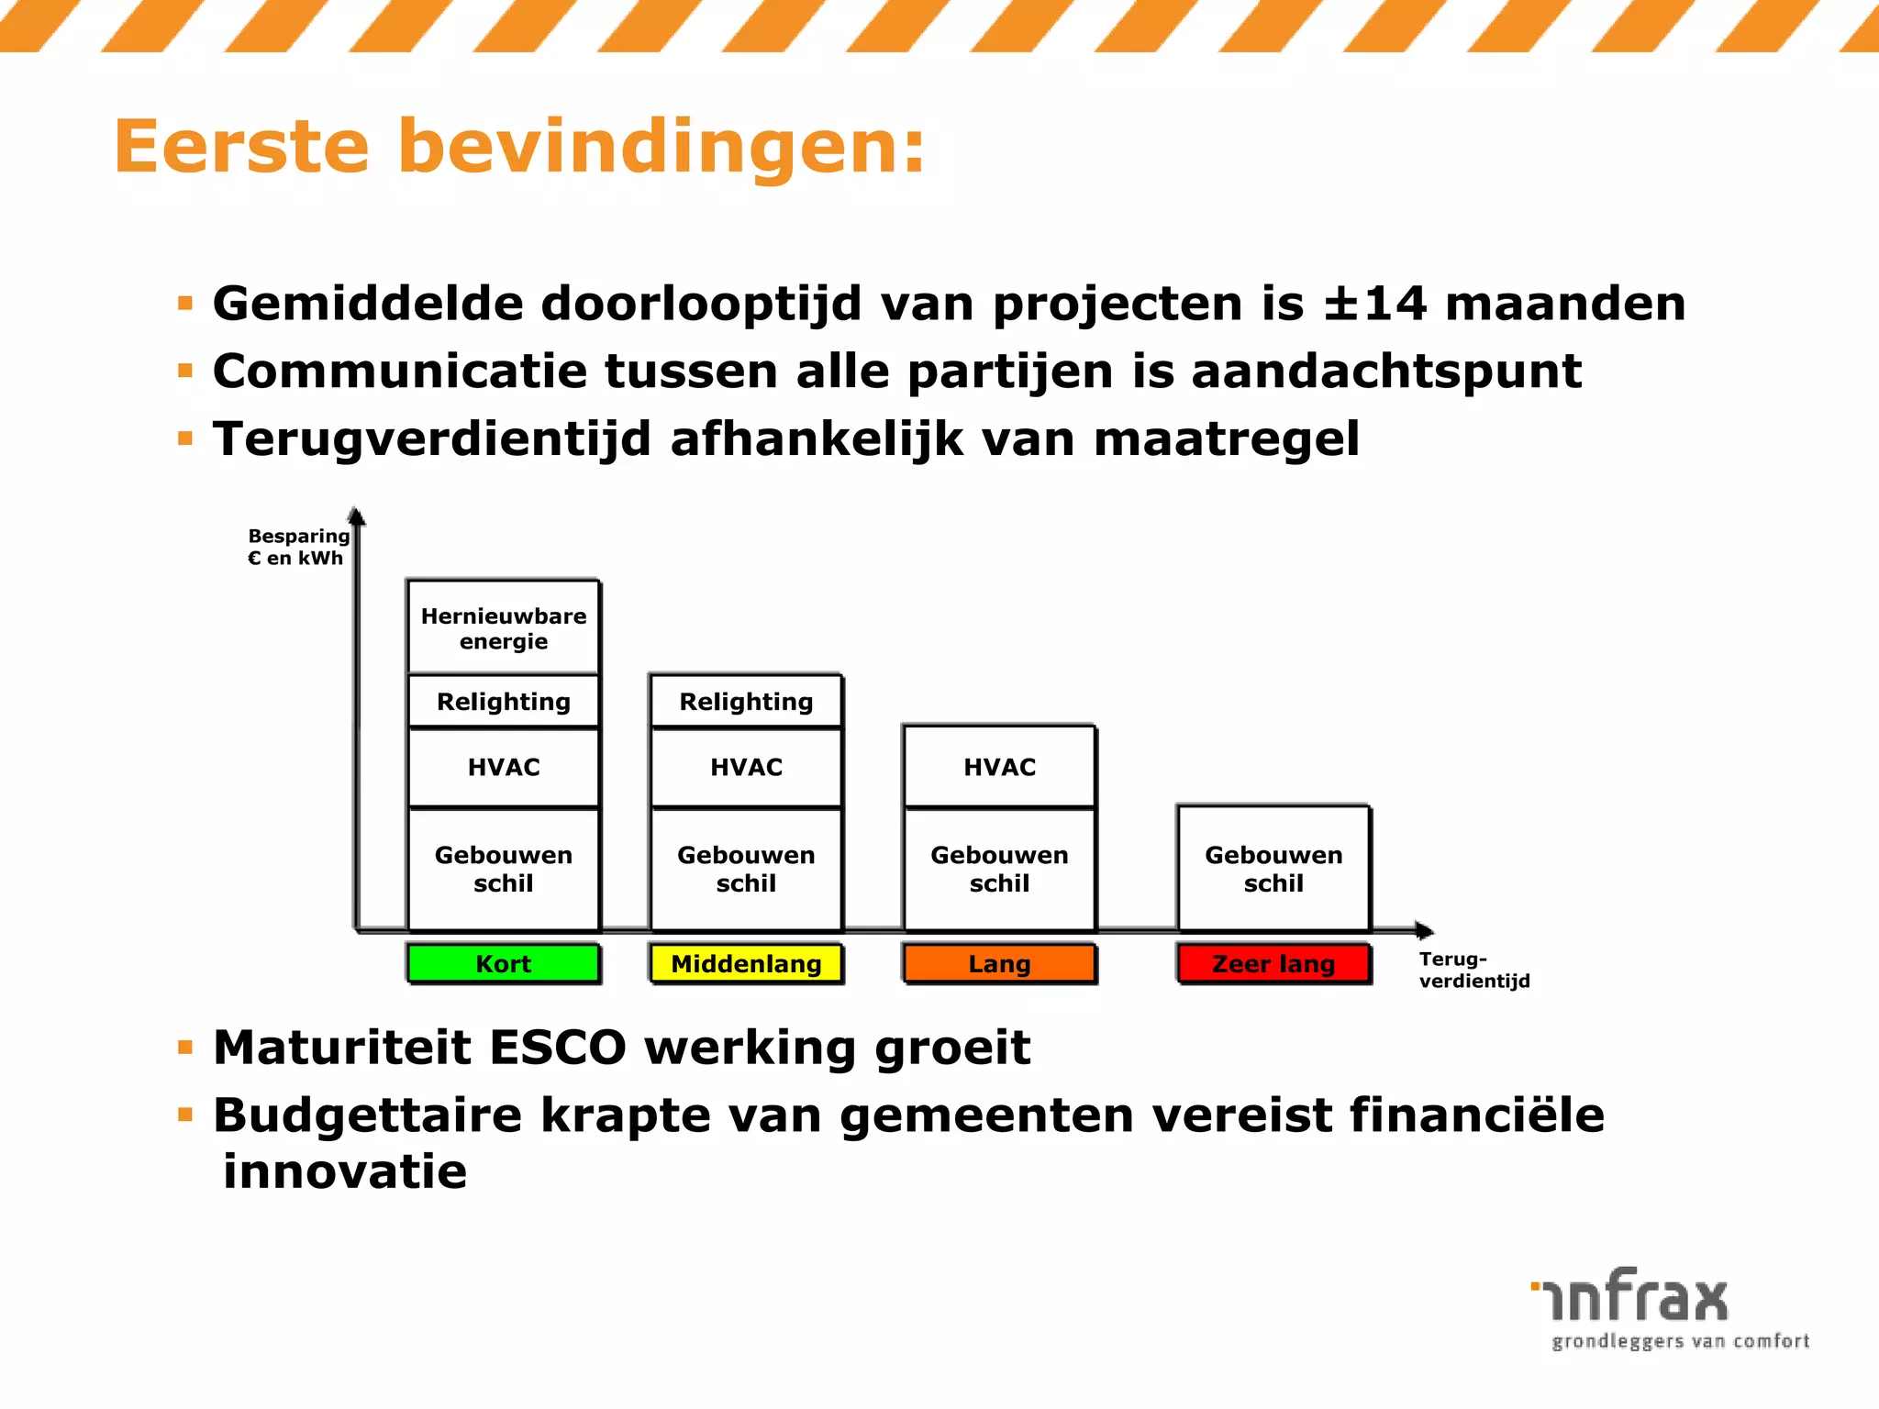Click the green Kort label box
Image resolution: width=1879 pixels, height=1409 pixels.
tap(504, 963)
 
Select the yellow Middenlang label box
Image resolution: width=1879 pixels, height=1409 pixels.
tap(746, 963)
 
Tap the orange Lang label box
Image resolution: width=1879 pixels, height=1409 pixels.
tap(999, 963)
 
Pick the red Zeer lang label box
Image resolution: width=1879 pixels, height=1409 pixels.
tap(1273, 963)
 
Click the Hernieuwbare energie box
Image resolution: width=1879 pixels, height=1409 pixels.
tap(504, 628)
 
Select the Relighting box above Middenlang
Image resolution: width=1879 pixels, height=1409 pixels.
tap(746, 702)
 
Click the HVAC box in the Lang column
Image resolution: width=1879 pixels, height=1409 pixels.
tap(999, 767)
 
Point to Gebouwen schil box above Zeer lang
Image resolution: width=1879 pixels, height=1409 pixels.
tap(1273, 869)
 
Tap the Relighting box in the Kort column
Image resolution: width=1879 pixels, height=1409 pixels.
tap(504, 702)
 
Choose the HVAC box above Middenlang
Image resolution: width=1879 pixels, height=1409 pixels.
tap(746, 767)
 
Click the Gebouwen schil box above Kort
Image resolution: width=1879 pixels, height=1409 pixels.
tap(504, 869)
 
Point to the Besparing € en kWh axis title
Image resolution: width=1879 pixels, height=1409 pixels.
tap(298, 547)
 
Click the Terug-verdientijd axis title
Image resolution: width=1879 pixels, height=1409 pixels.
tap(1473, 970)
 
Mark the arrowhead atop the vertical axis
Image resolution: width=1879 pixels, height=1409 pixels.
tap(357, 516)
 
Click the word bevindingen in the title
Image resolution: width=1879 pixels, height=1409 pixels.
tap(661, 147)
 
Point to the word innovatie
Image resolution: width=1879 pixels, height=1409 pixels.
tap(345, 1171)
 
